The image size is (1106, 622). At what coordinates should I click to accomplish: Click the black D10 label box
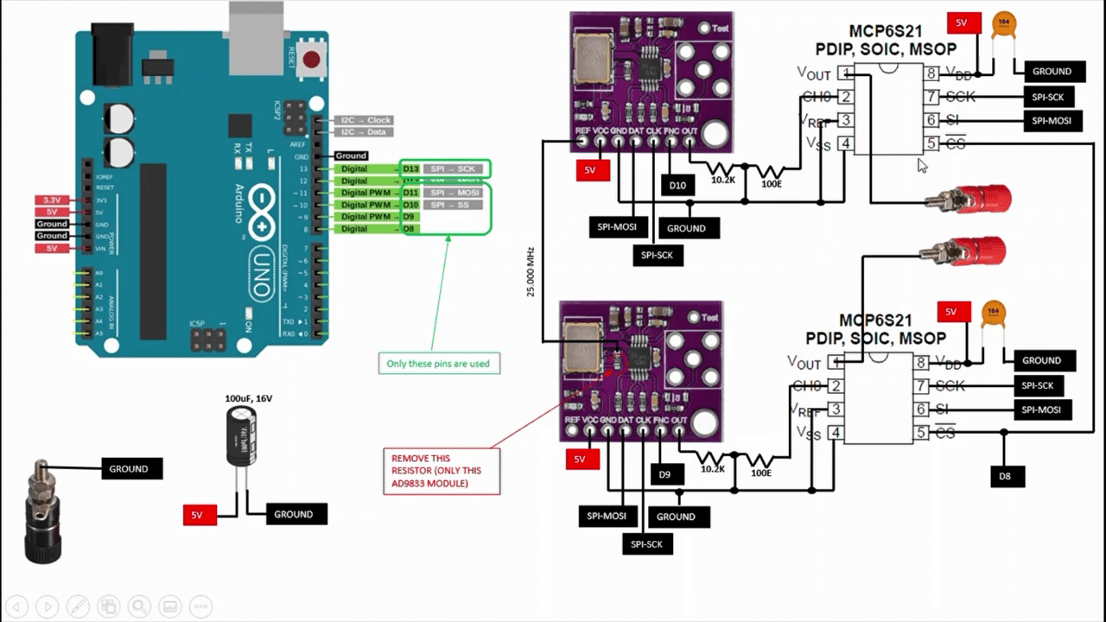677,185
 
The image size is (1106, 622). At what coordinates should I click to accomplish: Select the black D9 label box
664,474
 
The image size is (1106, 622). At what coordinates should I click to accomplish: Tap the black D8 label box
1005,476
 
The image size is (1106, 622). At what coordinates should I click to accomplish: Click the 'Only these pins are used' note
438,364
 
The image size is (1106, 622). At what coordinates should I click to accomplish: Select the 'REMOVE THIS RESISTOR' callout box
441,472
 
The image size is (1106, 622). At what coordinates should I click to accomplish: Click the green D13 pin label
410,168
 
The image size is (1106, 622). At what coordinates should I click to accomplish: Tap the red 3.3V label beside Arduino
52,200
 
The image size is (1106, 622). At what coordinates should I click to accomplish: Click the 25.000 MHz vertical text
531,272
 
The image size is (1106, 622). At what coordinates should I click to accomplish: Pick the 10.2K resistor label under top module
723,181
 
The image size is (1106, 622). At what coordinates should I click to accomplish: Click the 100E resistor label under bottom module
760,473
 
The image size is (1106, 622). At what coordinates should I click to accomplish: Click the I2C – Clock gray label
365,120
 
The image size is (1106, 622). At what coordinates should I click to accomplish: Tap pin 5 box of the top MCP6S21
931,143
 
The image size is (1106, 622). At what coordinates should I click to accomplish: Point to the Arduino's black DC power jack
112,54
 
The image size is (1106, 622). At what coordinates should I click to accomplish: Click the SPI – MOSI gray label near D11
454,193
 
